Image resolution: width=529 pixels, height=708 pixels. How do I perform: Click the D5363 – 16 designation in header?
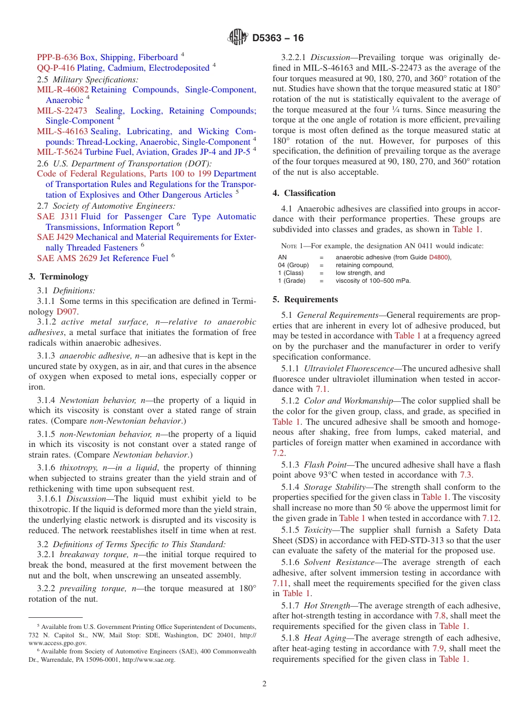(x=278, y=38)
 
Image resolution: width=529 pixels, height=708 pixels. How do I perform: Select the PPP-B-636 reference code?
(x=57, y=57)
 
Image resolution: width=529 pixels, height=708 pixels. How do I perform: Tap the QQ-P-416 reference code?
(x=56, y=68)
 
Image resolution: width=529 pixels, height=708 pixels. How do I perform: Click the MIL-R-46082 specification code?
(x=63, y=90)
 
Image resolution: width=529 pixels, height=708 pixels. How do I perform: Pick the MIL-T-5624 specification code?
(x=60, y=151)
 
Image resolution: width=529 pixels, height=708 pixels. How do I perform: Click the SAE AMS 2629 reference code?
(x=67, y=258)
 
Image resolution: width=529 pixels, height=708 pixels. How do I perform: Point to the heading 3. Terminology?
(x=58, y=277)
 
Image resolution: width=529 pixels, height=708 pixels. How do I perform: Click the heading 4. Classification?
(x=304, y=193)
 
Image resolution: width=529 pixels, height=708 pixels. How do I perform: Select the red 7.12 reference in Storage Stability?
(x=491, y=518)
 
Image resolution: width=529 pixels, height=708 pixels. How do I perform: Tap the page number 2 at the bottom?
(x=264, y=684)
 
